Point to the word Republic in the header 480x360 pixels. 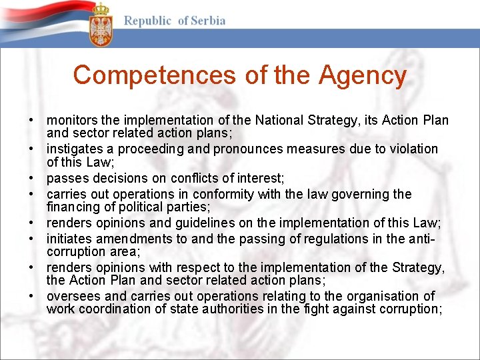point(148,21)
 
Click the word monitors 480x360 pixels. point(72,121)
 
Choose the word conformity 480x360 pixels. point(231,194)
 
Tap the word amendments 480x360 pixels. point(129,238)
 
